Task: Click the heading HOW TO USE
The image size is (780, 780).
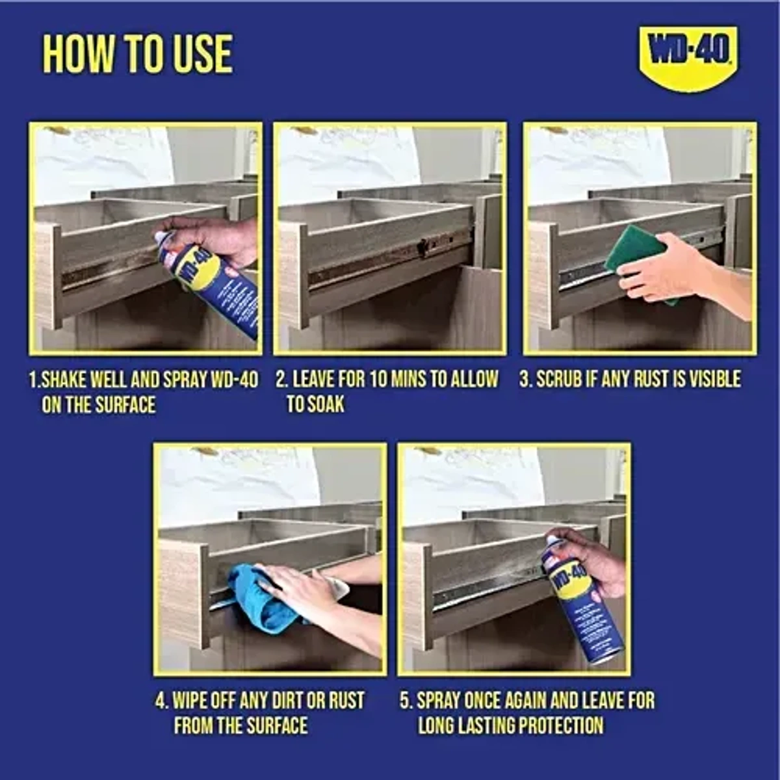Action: pos(137,54)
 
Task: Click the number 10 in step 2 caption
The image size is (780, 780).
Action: pos(378,380)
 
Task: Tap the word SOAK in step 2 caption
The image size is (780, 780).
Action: pos(325,405)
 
